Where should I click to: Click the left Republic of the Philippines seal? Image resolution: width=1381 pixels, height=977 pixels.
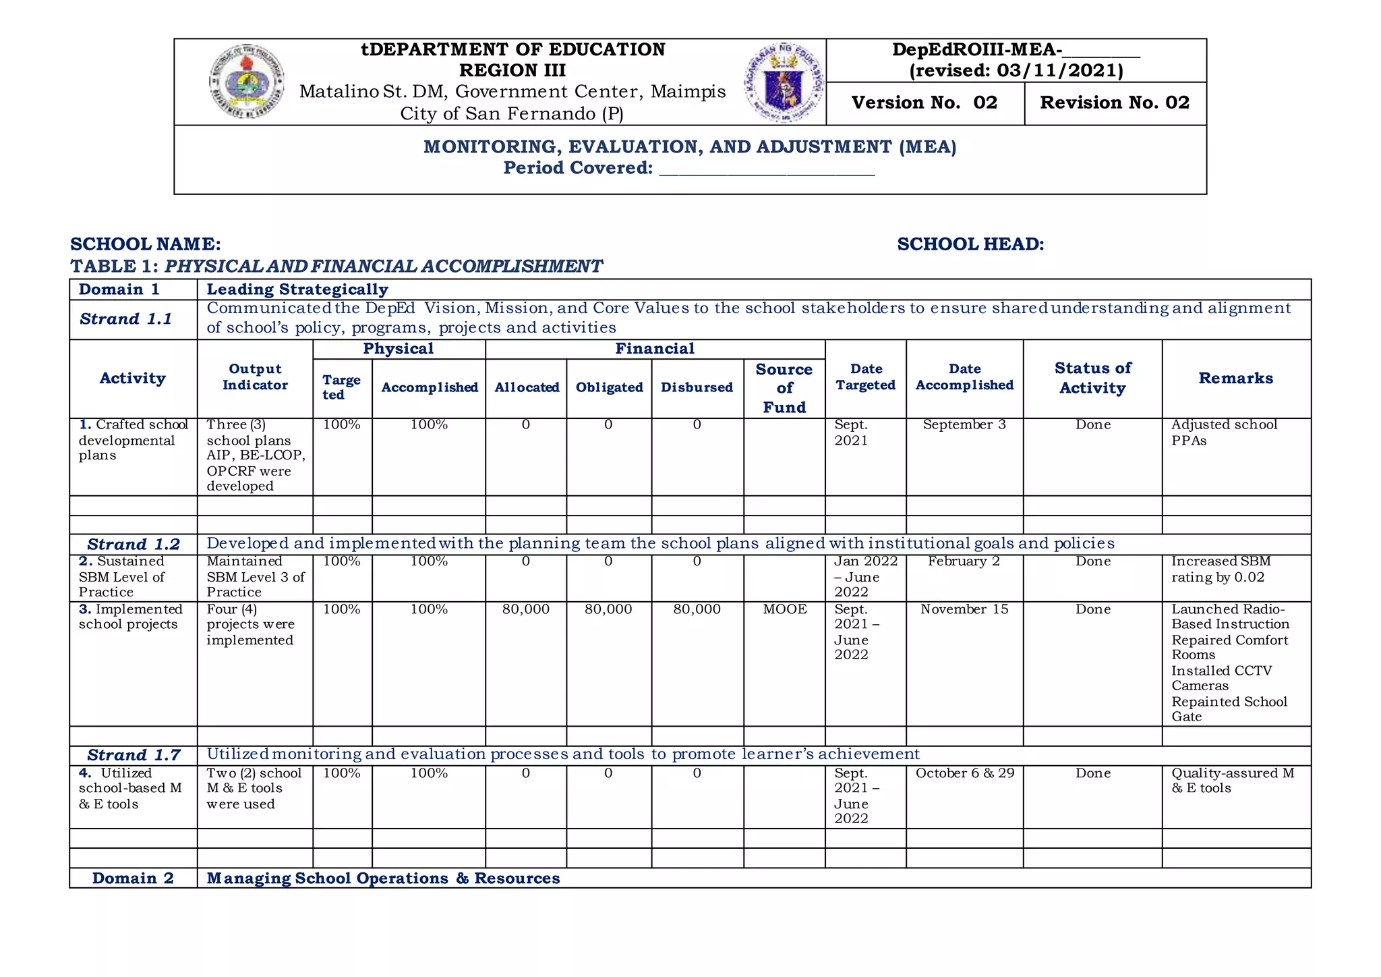click(246, 82)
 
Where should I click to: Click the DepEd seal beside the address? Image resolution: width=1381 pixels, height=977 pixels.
click(784, 82)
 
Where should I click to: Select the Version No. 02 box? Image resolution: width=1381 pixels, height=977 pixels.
click(924, 103)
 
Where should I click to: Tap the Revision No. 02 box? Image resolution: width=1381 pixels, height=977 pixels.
click(1115, 103)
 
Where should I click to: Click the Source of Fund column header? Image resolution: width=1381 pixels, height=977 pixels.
click(784, 388)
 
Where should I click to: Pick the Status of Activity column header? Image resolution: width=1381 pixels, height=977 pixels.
click(1092, 378)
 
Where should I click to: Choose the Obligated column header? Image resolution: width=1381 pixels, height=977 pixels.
click(609, 387)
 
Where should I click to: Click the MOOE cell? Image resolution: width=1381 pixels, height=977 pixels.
click(784, 609)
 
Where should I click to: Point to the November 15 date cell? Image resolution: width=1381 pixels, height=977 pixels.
click(964, 609)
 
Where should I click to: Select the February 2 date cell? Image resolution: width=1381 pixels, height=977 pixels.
click(964, 561)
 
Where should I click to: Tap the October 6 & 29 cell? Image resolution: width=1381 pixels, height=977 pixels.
click(964, 773)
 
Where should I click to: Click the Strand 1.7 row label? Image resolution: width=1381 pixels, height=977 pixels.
click(134, 755)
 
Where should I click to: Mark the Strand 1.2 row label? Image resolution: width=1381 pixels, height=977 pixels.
click(134, 545)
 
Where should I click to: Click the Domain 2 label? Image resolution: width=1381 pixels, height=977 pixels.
click(133, 878)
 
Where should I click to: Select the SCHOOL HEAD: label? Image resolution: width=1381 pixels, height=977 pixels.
click(970, 244)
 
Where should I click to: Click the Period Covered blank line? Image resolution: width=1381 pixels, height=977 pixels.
click(767, 169)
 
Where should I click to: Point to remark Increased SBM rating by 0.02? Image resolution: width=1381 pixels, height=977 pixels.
click(1221, 569)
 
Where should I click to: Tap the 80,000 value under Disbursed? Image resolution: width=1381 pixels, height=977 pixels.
click(697, 609)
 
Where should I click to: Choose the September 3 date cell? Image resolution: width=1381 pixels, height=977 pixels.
click(964, 425)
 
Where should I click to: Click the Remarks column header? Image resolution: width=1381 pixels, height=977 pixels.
click(1235, 379)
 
